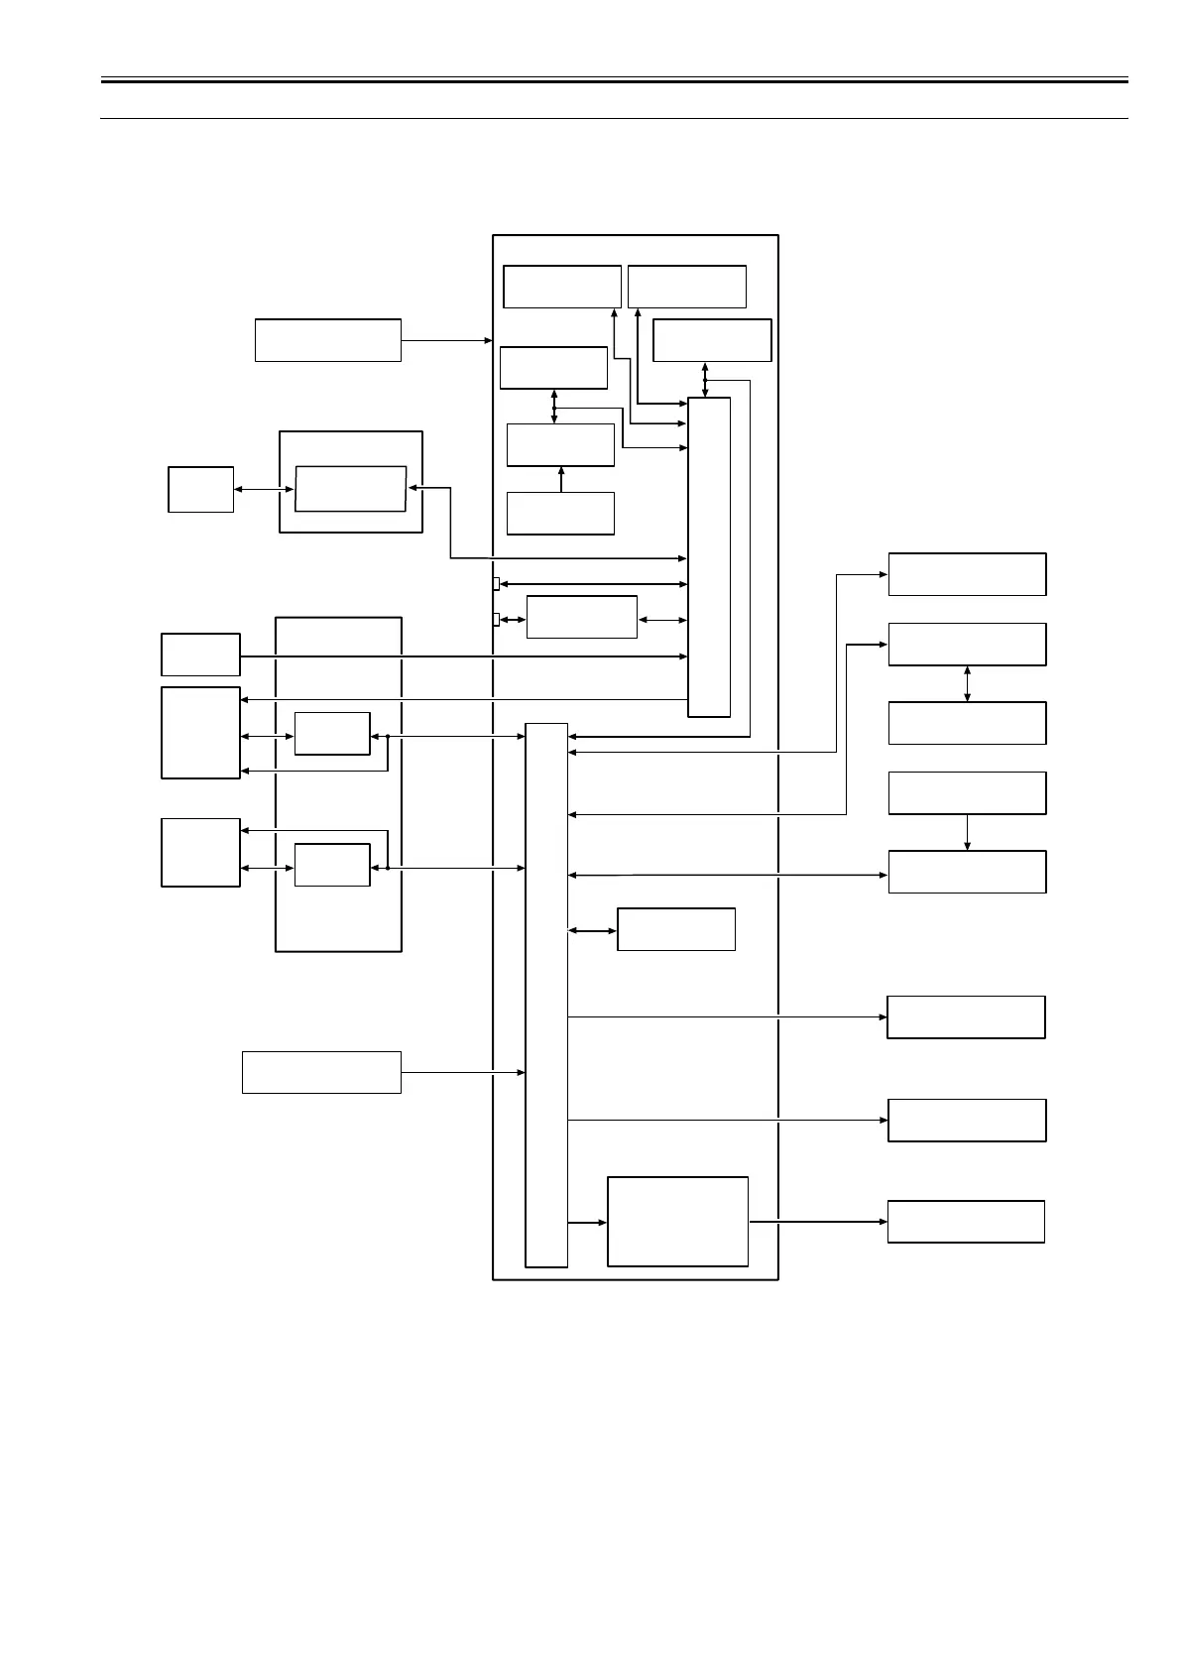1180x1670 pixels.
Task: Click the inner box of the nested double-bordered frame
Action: tap(350, 488)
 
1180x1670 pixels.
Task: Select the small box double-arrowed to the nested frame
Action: tap(200, 489)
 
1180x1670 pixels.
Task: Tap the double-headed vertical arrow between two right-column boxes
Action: tap(967, 683)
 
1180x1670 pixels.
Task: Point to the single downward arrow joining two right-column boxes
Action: tap(967, 832)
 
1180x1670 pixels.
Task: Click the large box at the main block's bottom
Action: tap(677, 1221)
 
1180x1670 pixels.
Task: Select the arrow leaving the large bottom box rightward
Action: tap(817, 1222)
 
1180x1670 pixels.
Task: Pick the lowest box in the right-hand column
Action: tap(966, 1221)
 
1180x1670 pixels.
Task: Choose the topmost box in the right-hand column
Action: tap(967, 574)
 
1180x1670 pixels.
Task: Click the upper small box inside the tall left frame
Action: tap(332, 733)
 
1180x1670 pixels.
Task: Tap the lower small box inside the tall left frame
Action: tap(332, 865)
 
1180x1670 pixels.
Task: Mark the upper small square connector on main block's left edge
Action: tap(496, 583)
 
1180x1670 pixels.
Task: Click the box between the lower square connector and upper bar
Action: tap(581, 617)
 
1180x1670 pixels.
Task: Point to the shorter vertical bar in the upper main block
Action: tap(709, 556)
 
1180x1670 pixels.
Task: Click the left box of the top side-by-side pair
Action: tap(562, 287)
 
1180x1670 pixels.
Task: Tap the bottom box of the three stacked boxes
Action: tap(560, 513)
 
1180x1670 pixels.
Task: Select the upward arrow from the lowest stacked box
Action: tap(561, 479)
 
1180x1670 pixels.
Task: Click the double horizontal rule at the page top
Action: tap(615, 80)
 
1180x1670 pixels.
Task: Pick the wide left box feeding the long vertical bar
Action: tap(321, 1072)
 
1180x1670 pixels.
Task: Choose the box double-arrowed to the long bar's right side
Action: tap(676, 929)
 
